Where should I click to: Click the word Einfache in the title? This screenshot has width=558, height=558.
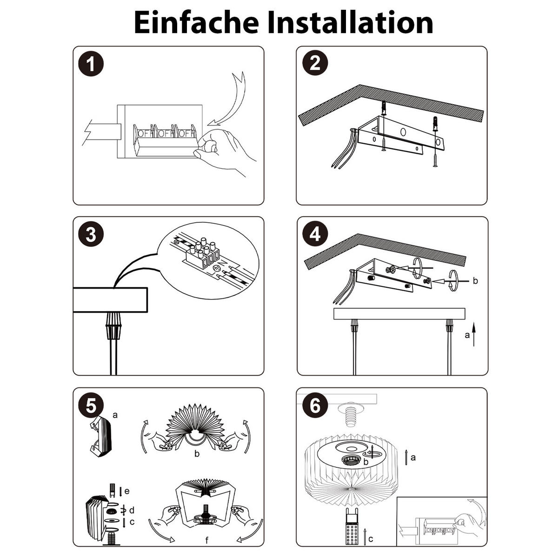[196, 23]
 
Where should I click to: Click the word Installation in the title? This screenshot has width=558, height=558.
[350, 23]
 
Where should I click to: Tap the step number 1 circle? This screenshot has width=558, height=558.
[91, 64]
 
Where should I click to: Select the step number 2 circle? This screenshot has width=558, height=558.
[315, 63]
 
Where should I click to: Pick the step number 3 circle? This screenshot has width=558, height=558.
[91, 234]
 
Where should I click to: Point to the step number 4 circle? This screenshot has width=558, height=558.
[315, 234]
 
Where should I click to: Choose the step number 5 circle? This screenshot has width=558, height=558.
[91, 405]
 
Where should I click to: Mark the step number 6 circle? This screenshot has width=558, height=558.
[315, 405]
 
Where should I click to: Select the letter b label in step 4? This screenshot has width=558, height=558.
[475, 280]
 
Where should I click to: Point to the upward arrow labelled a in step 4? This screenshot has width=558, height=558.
[474, 335]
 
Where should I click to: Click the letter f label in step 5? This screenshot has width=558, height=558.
[207, 540]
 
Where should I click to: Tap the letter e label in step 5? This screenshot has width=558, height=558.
[127, 491]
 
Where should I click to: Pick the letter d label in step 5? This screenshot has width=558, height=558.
[132, 510]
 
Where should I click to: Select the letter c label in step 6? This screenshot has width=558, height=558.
[371, 539]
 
